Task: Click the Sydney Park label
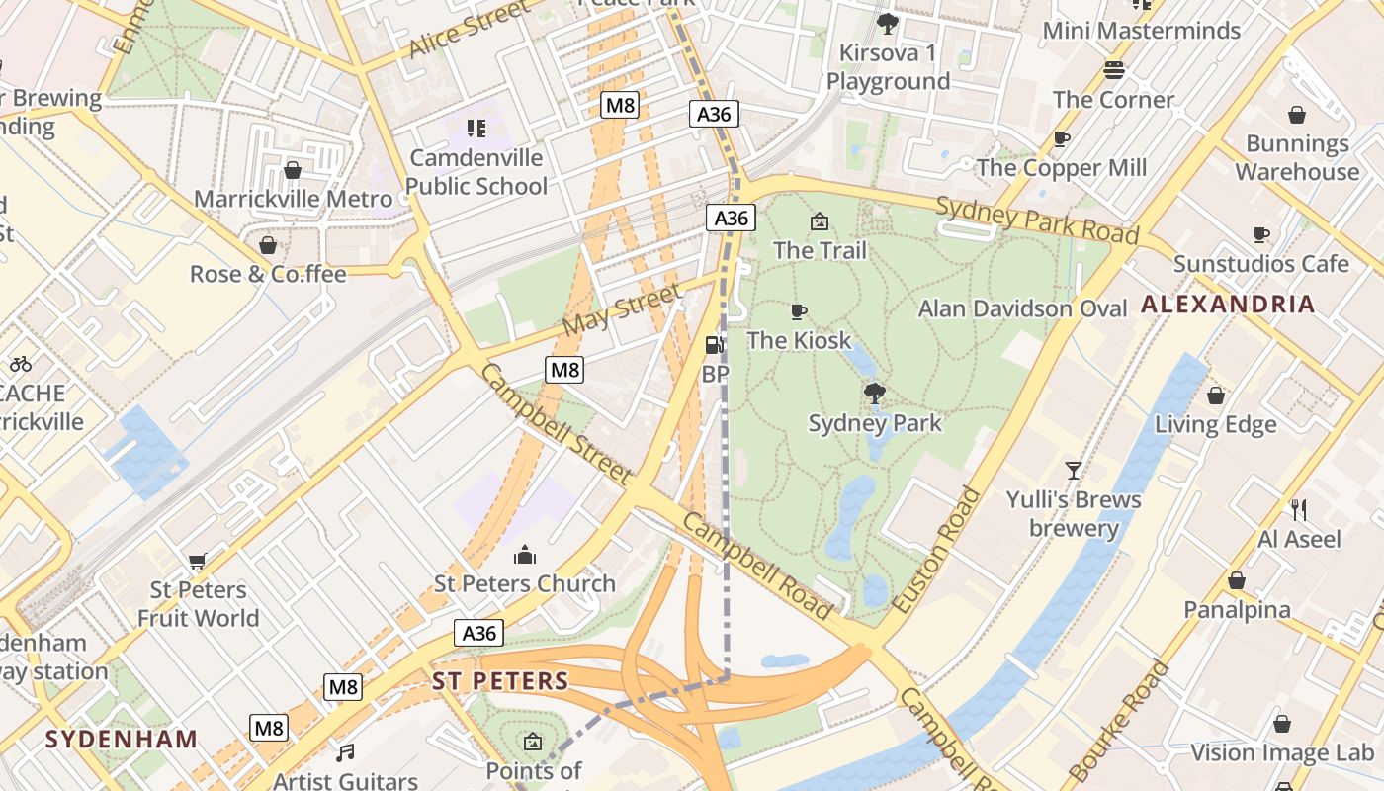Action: coord(875,423)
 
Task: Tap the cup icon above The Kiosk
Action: coord(799,312)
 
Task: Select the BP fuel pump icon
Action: coord(713,345)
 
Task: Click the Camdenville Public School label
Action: coord(476,172)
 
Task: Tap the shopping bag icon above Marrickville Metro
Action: coord(293,170)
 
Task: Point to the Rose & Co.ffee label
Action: coord(268,274)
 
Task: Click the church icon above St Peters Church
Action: coord(525,555)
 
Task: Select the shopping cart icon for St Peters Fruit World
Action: coord(198,562)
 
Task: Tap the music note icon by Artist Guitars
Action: coord(345,753)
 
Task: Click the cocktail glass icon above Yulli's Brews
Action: coord(1074,471)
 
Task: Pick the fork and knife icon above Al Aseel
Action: coord(1299,510)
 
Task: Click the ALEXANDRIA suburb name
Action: coord(1228,305)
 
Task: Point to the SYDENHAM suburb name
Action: coord(122,739)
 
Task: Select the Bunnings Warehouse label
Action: coord(1297,157)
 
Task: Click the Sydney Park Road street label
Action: coord(1037,220)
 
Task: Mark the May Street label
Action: coord(622,308)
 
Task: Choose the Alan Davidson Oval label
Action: coord(1022,308)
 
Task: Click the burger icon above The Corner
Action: coord(1114,70)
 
